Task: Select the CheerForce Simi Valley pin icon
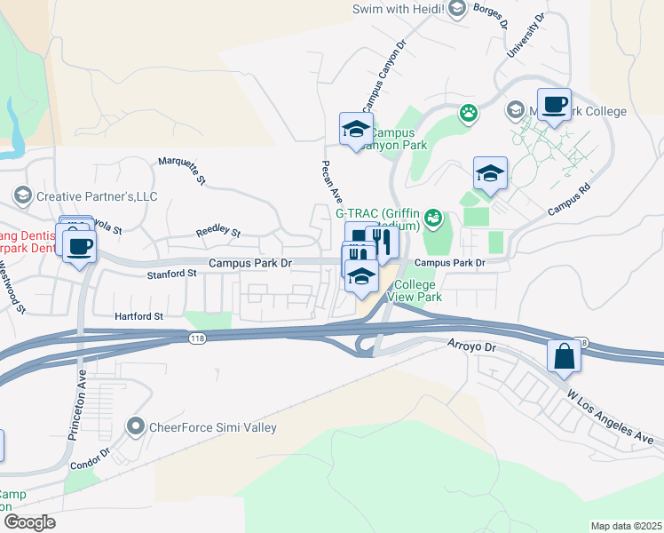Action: point(136,427)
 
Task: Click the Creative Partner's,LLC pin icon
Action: point(22,195)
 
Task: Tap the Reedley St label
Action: point(217,231)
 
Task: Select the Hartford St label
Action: point(139,315)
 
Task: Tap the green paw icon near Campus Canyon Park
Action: point(468,113)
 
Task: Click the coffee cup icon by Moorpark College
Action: point(554,106)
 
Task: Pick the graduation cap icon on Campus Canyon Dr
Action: point(356,130)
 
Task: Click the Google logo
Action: point(28,522)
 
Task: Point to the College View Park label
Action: point(415,291)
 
